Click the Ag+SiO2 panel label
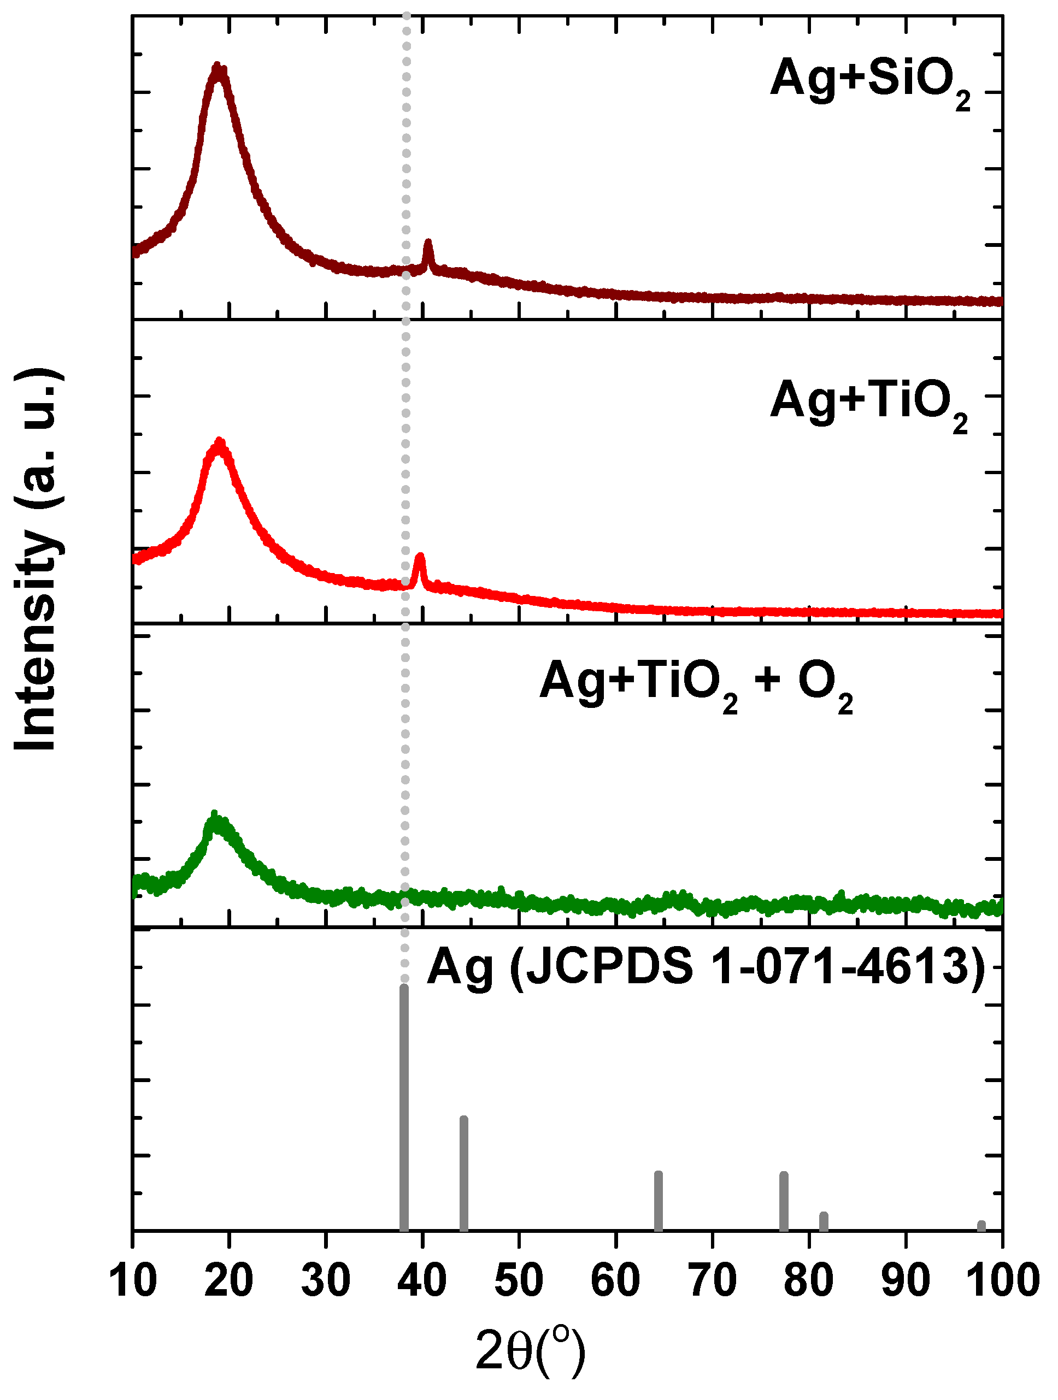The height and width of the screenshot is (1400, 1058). point(870,80)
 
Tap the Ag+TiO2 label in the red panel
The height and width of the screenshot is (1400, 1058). point(869,403)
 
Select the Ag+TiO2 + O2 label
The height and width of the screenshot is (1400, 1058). point(696,683)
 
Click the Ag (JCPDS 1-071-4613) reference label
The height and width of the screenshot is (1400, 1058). point(706,968)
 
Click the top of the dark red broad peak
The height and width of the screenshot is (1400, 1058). point(218,68)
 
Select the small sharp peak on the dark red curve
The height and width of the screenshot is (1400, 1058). point(428,244)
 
